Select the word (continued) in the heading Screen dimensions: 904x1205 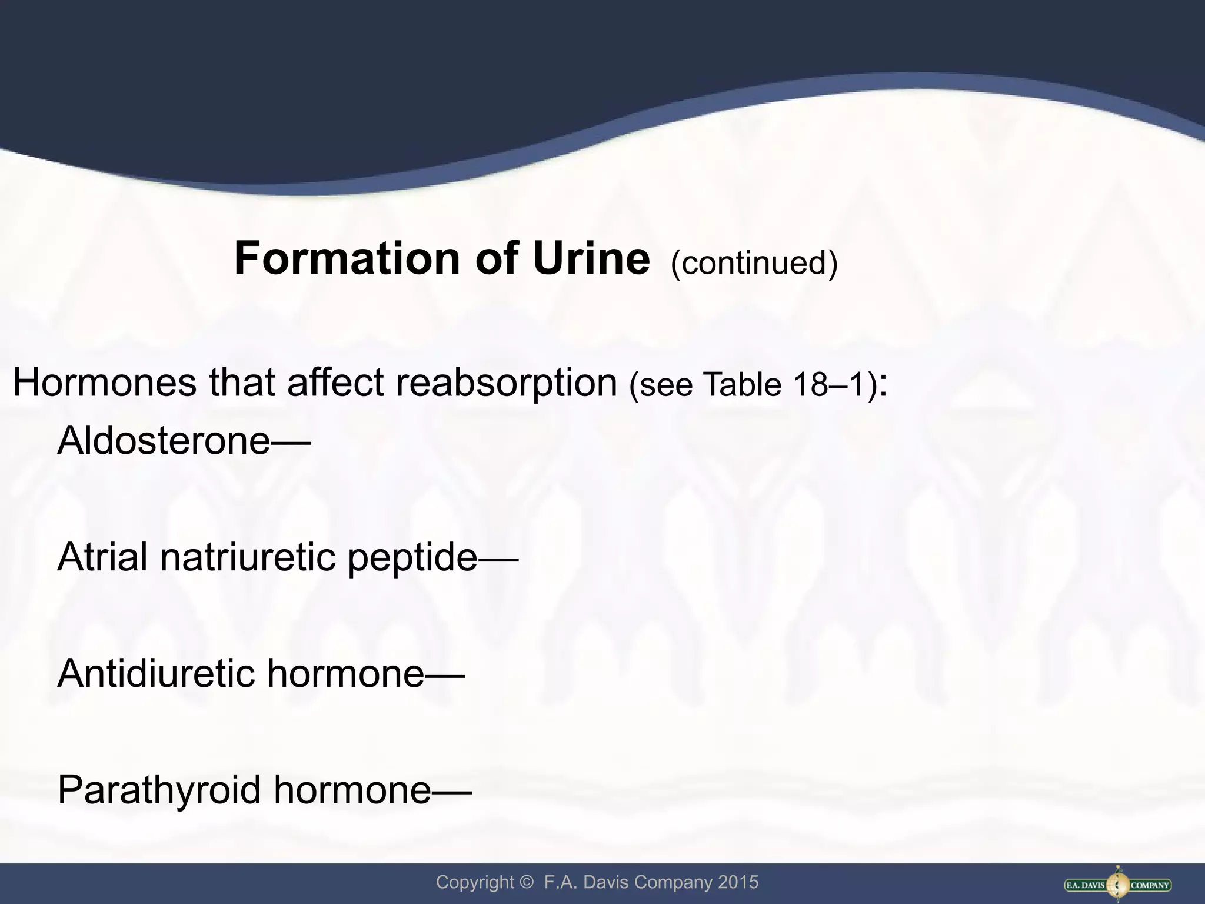click(754, 263)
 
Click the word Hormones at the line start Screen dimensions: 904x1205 click(104, 383)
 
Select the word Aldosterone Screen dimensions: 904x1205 click(164, 440)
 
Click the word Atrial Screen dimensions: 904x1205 click(102, 557)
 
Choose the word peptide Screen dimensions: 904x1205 click(412, 558)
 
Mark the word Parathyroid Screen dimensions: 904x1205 click(159, 790)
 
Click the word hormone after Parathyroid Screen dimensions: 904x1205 click(352, 790)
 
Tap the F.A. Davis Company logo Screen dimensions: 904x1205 click(1117, 885)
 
